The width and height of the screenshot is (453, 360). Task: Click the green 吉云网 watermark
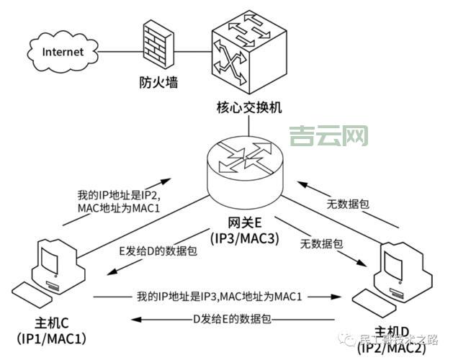coord(328,135)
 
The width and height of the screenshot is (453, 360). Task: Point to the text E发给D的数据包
coord(158,252)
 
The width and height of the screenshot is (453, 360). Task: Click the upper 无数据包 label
coord(348,204)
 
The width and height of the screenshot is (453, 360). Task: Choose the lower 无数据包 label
coord(322,245)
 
